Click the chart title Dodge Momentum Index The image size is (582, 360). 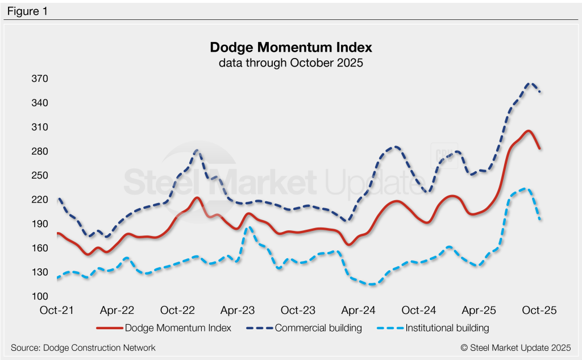point(290,47)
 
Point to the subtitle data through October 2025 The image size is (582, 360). point(290,63)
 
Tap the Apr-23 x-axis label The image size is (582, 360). point(238,311)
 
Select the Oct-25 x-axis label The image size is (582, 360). point(539,311)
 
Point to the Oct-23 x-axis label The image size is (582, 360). point(298,311)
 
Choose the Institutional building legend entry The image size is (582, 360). point(447,328)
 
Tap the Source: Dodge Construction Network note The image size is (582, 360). point(83,347)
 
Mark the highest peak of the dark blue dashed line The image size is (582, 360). point(530,83)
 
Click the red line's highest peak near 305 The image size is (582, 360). point(528,131)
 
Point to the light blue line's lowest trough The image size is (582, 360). point(372,284)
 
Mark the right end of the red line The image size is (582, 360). point(539,148)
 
